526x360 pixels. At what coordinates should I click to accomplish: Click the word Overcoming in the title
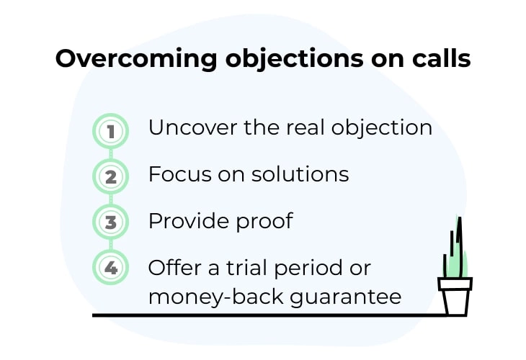(136, 59)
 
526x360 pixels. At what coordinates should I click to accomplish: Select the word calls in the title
(441, 58)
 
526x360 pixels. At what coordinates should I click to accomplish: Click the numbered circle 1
(110, 131)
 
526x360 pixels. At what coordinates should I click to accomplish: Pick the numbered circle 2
(110, 176)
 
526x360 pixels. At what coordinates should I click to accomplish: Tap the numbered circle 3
(110, 222)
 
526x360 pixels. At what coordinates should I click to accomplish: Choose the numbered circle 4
(110, 268)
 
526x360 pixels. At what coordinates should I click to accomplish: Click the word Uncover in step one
(193, 127)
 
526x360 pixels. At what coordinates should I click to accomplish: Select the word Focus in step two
(180, 174)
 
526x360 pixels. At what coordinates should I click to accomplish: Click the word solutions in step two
(300, 174)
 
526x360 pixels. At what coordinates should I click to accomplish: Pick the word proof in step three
(264, 222)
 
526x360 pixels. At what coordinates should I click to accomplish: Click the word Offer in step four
(174, 268)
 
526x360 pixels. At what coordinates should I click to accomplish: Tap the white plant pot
(455, 297)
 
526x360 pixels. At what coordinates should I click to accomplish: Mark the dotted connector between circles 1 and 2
(111, 154)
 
